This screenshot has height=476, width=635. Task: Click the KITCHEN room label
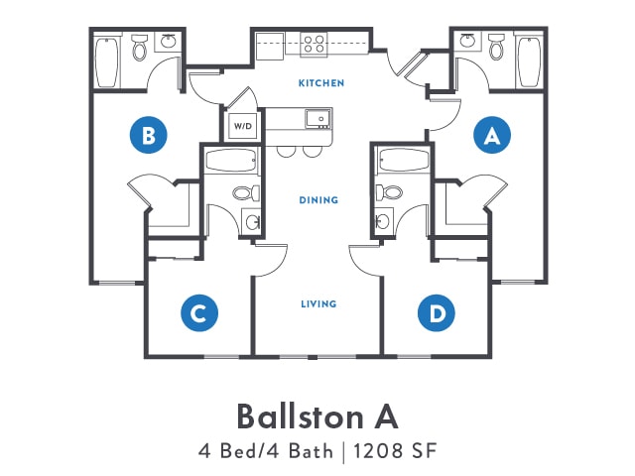coord(321,83)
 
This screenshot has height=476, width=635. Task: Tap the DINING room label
coord(318,200)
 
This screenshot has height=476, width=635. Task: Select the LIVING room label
coord(318,304)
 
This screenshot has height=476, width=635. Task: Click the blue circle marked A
coord(492,135)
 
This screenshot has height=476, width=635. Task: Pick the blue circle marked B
coord(148,135)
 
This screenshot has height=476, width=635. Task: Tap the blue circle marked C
coord(199,313)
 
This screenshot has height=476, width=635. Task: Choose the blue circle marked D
coord(437,313)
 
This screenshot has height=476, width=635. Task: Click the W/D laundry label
coord(242,126)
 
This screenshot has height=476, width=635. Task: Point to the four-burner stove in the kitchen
coord(314,44)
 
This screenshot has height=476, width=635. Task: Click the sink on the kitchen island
coord(318,119)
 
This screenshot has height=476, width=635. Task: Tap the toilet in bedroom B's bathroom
coord(140,48)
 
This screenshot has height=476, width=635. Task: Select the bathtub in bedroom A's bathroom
coord(529,61)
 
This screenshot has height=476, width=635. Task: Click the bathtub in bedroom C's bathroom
coord(231,161)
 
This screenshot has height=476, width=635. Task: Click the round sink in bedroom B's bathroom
coord(168,42)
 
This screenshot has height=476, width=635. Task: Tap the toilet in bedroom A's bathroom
coord(496,48)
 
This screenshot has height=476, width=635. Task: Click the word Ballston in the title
coord(300,416)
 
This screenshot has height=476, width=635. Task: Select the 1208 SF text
coord(395,451)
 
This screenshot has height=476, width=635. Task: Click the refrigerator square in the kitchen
coord(270,47)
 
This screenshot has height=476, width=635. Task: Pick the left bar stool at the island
coord(287,151)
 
